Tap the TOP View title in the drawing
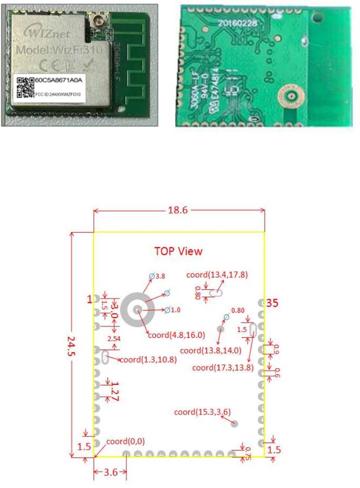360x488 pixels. (x=178, y=251)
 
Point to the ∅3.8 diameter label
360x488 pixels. (x=157, y=277)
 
